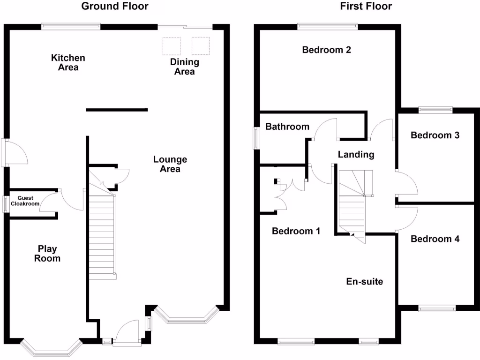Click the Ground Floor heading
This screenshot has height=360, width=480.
[115, 6]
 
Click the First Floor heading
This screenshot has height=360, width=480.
[366, 6]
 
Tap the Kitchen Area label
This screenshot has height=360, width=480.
[68, 62]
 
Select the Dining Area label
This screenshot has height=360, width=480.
[185, 67]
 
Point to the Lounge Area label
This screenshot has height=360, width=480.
[170, 164]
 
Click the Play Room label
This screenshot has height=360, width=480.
[47, 254]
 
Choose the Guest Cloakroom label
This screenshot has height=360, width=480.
[25, 201]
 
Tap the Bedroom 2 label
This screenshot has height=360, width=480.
[326, 50]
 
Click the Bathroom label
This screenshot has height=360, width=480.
[287, 127]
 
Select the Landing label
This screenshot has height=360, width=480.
[356, 155]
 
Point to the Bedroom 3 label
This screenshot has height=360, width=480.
[435, 135]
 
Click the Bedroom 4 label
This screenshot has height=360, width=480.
[435, 239]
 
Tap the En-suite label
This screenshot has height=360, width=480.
[365, 282]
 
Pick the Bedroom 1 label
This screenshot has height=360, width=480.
[296, 231]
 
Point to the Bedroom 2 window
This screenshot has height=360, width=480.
[328, 27]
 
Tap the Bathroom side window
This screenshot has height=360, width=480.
[256, 138]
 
